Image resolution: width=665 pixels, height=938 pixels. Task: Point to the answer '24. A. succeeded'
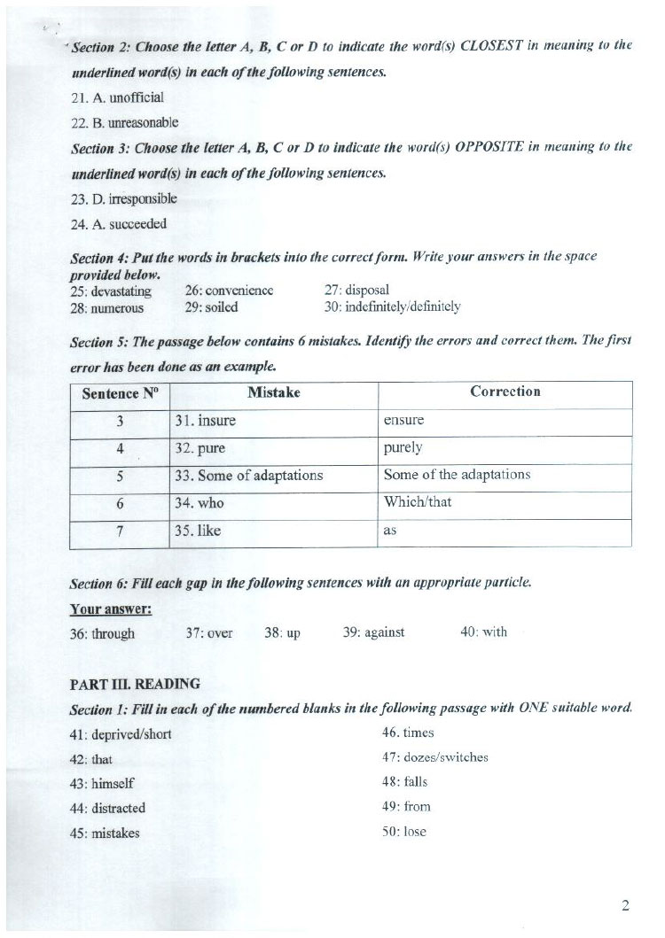coord(118,224)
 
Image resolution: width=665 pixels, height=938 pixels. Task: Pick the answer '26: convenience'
coord(229,291)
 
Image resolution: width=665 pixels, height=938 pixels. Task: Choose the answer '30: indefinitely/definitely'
coord(392,307)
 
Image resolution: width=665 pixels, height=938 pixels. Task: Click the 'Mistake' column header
coord(273,392)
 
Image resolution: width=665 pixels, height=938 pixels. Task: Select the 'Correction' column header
coord(505,391)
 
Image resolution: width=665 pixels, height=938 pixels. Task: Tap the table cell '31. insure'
coord(205,421)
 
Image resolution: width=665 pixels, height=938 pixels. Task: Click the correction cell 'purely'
coord(403,447)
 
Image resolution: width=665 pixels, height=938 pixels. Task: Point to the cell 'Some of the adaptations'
coord(457,475)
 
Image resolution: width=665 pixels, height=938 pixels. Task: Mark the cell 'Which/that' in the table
coord(417,502)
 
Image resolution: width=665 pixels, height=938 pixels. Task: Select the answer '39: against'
coord(373,632)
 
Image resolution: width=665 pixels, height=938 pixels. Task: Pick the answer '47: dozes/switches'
coord(434,757)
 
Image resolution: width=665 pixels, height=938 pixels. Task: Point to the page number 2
coord(625,905)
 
